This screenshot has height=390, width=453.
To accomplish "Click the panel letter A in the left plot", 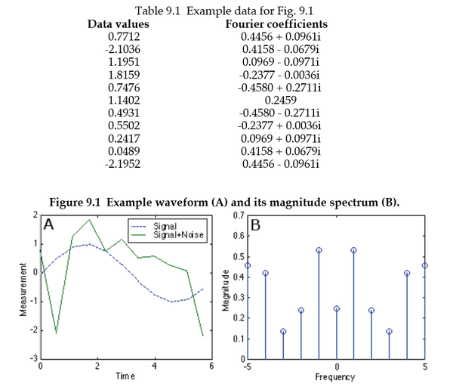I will [50, 224].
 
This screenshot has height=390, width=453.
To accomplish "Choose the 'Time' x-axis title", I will [125, 375].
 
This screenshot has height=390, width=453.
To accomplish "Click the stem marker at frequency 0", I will [336, 308].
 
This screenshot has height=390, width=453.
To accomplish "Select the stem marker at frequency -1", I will [319, 250].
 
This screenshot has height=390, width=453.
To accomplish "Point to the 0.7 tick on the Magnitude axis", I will [236, 215].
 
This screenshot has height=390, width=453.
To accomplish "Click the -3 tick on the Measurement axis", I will [32, 359].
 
